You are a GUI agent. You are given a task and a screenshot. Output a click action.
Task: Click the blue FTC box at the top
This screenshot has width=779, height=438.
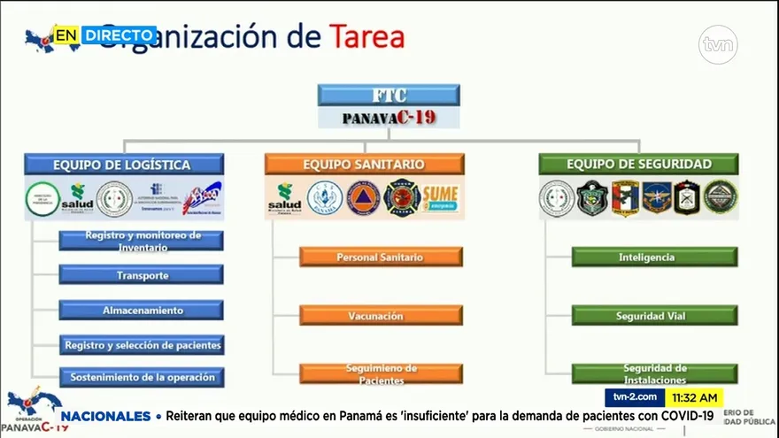tap(389, 96)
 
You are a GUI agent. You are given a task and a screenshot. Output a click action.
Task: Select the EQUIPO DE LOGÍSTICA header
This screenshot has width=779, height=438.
tap(122, 165)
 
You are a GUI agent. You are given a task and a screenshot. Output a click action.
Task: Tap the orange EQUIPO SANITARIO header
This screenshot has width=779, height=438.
tap(364, 165)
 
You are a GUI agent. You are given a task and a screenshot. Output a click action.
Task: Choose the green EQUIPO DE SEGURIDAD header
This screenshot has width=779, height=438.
tap(638, 164)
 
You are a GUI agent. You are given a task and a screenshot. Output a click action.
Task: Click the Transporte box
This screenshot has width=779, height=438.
tap(142, 275)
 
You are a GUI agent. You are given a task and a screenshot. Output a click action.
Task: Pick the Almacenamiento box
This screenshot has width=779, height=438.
tap(142, 311)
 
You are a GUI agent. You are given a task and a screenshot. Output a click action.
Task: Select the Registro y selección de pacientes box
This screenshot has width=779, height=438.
tap(142, 345)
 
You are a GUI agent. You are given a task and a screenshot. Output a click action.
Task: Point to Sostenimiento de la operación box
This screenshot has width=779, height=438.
tap(142, 377)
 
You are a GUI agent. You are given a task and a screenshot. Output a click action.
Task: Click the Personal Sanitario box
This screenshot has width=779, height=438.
tap(381, 257)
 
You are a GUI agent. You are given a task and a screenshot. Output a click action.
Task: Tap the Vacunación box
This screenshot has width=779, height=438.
tap(381, 316)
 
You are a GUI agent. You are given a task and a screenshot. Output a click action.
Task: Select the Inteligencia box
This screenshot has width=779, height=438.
tap(654, 257)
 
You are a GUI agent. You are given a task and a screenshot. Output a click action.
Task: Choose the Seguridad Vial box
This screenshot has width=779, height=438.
tap(654, 316)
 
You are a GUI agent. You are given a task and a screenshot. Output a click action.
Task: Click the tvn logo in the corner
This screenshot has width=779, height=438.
tap(718, 44)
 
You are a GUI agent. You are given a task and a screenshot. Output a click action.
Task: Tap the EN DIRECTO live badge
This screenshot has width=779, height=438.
tap(104, 35)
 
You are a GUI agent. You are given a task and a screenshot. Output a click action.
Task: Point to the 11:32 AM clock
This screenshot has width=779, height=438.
tap(694, 398)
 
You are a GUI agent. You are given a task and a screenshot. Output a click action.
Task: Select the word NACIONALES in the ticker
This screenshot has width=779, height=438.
tap(106, 416)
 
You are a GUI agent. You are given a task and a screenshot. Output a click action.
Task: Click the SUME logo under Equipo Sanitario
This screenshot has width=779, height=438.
tap(440, 197)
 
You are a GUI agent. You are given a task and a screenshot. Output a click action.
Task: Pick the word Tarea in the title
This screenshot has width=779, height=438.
tap(367, 37)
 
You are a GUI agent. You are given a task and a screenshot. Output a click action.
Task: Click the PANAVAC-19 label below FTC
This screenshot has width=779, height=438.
tap(389, 118)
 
